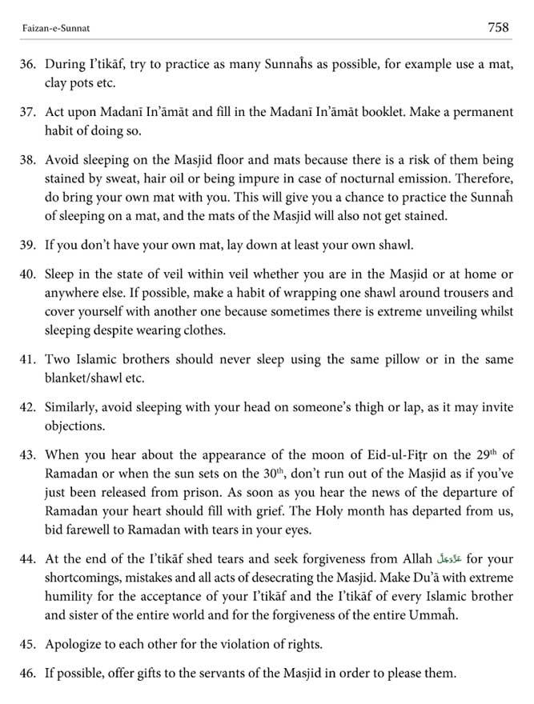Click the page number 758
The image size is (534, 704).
click(x=498, y=26)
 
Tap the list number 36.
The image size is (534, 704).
click(x=29, y=63)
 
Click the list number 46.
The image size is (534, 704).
click(x=29, y=674)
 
